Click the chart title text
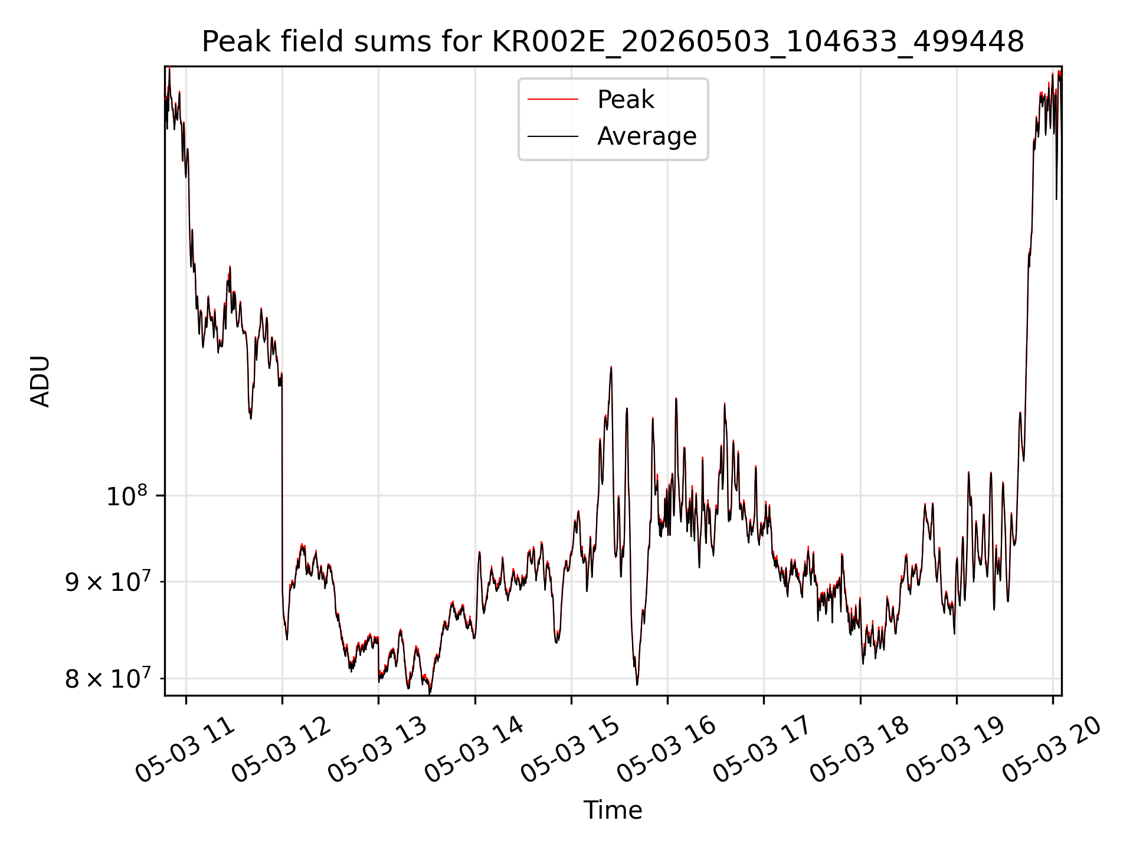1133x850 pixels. pos(613,42)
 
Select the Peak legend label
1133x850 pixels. pos(626,100)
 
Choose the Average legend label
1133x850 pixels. pos(647,136)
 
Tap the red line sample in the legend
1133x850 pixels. pos(553,100)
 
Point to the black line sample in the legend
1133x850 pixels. pos(553,136)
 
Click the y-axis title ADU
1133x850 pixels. pos(40,381)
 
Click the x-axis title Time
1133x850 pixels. pos(613,810)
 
